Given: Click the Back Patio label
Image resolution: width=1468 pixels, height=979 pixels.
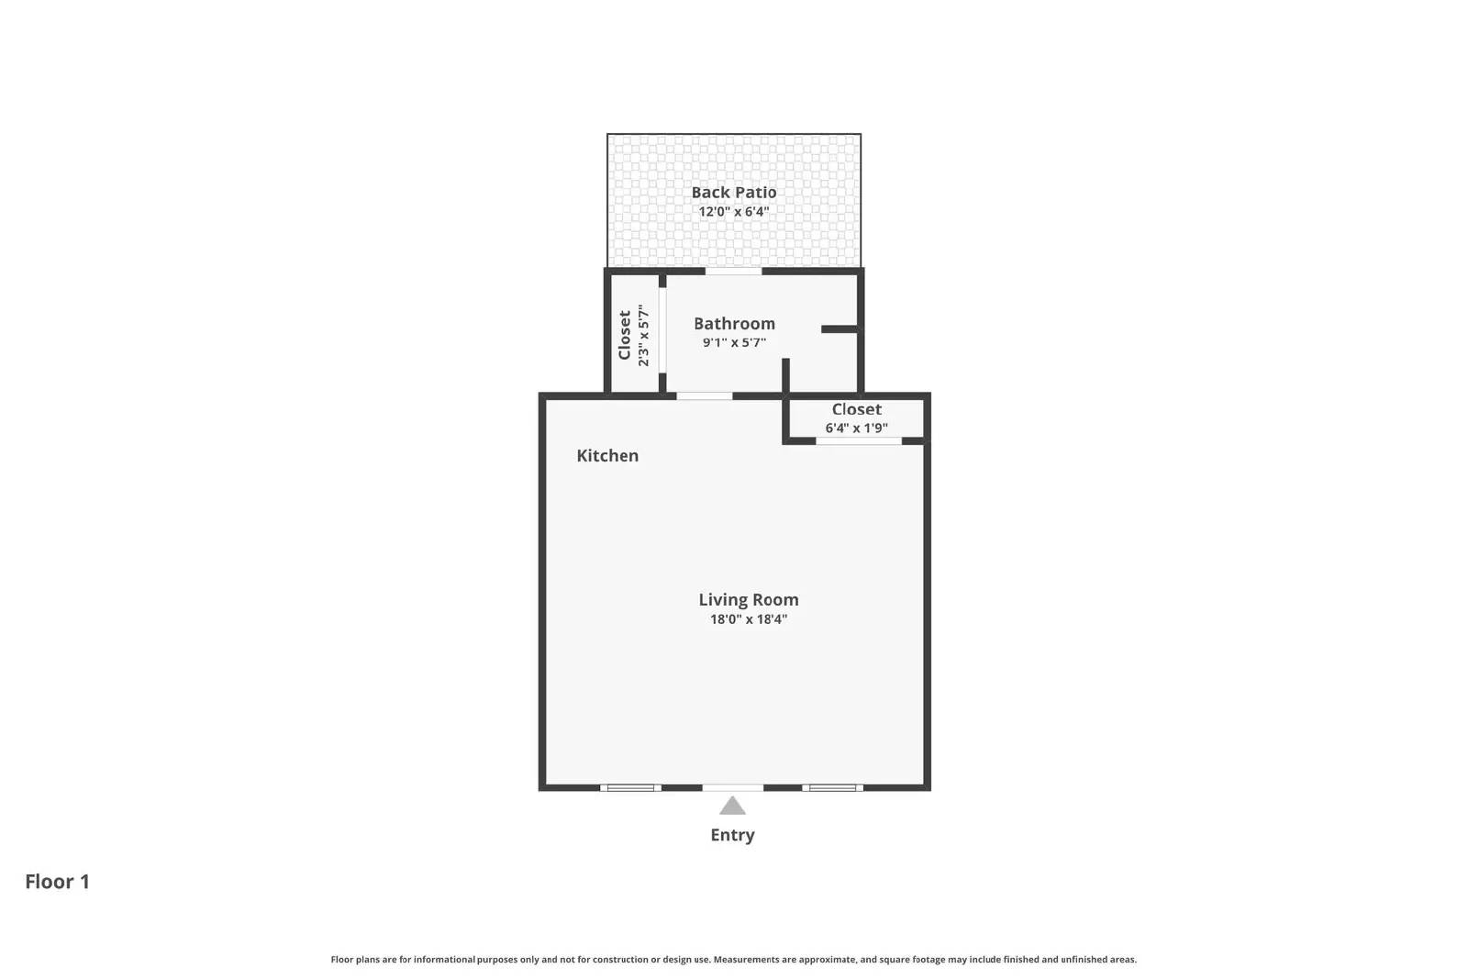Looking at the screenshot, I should [x=733, y=192].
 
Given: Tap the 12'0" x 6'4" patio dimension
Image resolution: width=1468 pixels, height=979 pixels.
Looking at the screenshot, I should [x=733, y=212].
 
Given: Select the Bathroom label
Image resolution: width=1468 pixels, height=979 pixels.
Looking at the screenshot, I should [x=734, y=323].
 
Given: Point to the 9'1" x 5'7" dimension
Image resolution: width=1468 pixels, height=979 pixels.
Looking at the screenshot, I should [x=734, y=343].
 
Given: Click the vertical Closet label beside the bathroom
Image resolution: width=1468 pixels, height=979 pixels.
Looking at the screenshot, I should [x=625, y=335].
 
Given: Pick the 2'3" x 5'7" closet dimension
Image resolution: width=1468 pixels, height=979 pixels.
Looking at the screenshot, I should [x=643, y=335].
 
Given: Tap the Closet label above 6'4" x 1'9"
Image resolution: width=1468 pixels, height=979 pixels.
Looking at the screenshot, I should [x=856, y=409].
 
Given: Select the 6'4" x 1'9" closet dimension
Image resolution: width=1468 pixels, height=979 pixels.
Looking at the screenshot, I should [x=856, y=428].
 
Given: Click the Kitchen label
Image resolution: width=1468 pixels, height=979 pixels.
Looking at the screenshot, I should [x=606, y=455].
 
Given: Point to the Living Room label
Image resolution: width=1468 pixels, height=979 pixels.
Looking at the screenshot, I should [x=748, y=599].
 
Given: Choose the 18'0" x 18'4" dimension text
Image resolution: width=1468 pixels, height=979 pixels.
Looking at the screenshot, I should [x=748, y=619].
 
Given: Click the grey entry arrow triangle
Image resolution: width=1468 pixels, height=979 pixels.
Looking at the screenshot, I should [x=732, y=807].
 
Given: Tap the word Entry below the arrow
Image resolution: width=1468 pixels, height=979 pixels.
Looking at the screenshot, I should [x=732, y=835].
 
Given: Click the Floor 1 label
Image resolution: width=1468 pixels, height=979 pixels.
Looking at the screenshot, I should [x=57, y=882].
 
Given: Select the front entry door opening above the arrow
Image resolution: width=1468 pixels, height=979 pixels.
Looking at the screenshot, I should [x=732, y=787].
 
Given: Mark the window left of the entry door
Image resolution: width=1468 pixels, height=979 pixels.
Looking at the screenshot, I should [x=630, y=787].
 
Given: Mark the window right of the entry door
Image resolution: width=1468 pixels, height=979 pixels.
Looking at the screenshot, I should [x=832, y=787].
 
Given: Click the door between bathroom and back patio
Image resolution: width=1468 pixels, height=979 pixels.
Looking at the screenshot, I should [x=733, y=271].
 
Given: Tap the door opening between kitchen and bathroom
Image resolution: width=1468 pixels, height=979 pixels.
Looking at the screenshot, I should [x=705, y=396].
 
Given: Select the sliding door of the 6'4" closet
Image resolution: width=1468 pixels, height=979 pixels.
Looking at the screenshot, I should [x=859, y=441].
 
